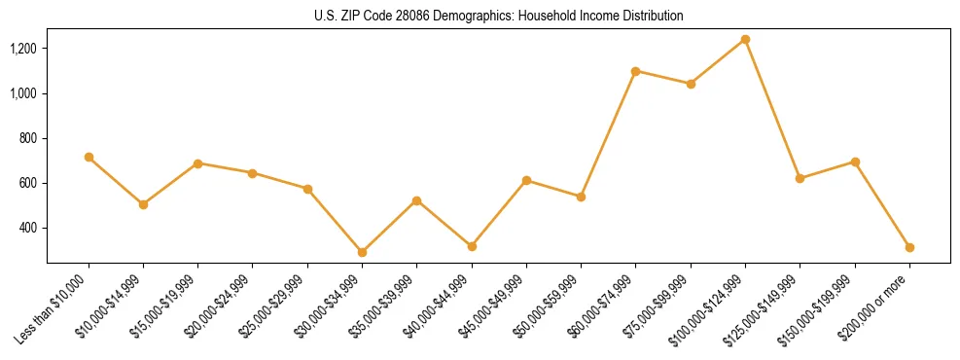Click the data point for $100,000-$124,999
(x=745, y=39)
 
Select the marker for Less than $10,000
(x=89, y=157)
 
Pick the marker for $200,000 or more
(x=909, y=247)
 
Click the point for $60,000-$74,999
(x=636, y=71)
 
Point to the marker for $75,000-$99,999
(x=691, y=84)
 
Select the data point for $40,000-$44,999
(x=472, y=246)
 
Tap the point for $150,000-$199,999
(x=855, y=162)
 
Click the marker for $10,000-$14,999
(x=143, y=204)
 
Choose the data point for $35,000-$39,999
(x=417, y=200)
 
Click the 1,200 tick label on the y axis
(x=22, y=49)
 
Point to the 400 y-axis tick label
(x=28, y=228)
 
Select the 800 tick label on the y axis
(x=28, y=138)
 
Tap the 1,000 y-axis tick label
(x=22, y=93)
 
